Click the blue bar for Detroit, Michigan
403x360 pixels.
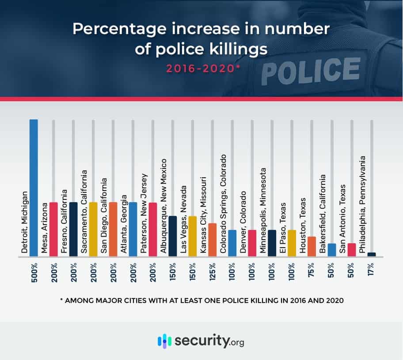[34, 188]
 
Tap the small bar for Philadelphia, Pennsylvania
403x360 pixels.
[371, 254]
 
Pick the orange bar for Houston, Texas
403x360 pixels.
[312, 246]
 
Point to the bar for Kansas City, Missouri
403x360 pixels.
[212, 240]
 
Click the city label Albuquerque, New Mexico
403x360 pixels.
[163, 206]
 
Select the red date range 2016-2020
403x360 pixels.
[201, 69]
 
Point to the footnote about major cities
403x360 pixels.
[201, 300]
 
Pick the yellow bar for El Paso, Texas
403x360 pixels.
[292, 243]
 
